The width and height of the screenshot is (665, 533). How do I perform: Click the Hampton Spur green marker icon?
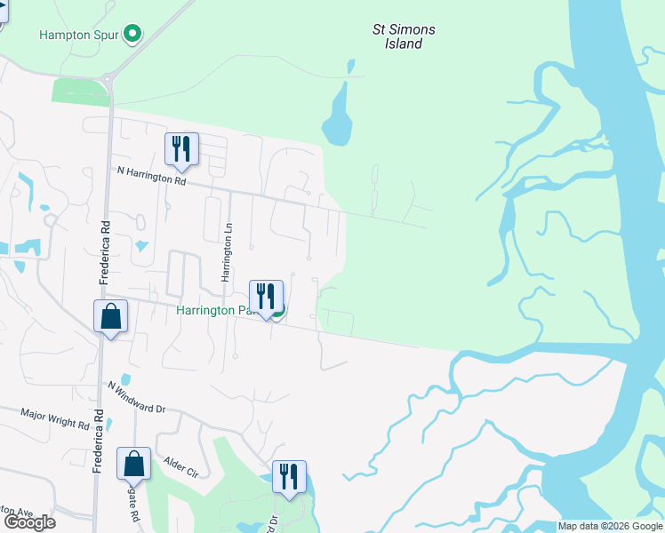133,35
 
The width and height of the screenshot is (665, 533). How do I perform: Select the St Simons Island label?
404,36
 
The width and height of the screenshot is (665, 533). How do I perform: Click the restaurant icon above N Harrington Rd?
181,149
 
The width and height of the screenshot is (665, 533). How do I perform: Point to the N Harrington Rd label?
151,175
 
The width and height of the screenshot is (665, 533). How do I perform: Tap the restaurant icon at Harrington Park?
266,297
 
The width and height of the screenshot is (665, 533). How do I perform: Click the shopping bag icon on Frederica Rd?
110,316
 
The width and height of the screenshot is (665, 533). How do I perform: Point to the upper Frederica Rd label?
104,252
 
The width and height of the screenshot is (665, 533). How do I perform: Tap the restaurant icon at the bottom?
289,477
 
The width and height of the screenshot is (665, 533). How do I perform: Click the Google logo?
30,522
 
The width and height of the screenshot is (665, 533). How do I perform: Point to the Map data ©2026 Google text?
609,526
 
